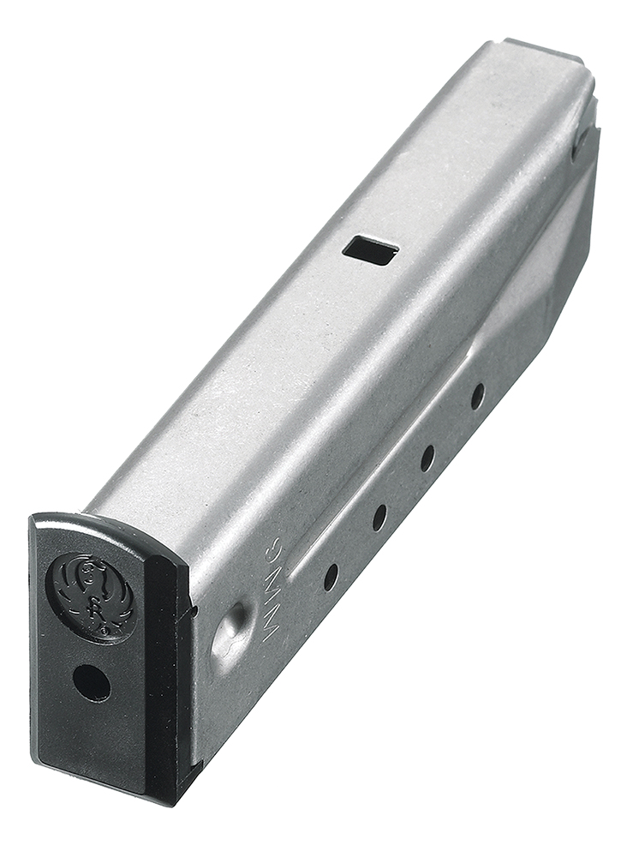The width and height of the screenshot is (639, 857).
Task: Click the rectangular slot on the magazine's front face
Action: [370, 250]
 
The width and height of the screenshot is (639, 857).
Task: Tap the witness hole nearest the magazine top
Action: [477, 396]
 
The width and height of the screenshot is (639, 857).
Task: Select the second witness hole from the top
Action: [427, 458]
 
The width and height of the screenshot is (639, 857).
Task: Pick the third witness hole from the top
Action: [379, 517]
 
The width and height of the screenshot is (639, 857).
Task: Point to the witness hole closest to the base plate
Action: [331, 576]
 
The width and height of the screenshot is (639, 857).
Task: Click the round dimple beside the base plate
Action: [231, 634]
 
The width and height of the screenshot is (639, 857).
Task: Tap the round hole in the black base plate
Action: [92, 683]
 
